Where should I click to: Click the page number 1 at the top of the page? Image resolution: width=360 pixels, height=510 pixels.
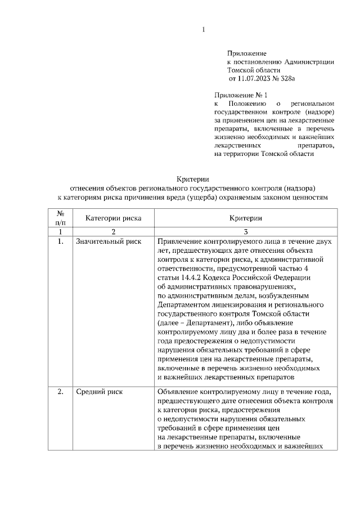pos(204,29)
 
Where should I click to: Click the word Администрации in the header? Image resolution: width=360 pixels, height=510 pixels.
pos(310,61)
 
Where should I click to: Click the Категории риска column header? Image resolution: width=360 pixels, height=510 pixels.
pos(113,217)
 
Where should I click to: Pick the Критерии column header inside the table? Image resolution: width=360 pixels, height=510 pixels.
pos(246,217)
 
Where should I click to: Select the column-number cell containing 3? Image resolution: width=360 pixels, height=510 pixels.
pos(246,231)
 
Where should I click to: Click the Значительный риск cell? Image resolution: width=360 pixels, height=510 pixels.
pos(109,241)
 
